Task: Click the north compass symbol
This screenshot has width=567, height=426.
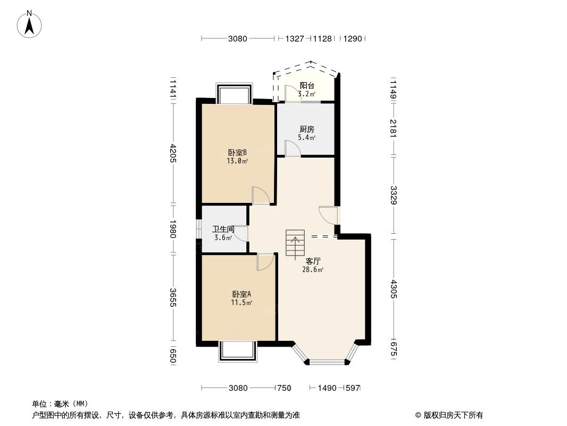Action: (30, 23)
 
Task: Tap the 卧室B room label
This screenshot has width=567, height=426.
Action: (238, 151)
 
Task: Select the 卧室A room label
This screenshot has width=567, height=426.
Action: (241, 294)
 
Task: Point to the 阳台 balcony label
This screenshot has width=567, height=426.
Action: (306, 85)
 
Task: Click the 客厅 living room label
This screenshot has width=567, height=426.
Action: (313, 261)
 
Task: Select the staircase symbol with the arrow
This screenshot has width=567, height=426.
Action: (295, 244)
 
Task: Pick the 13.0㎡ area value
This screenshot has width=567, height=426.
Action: (238, 160)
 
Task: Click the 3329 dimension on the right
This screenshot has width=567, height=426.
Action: (393, 194)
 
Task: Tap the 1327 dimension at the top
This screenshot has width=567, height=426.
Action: (295, 38)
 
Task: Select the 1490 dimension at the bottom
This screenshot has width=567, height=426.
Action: (327, 388)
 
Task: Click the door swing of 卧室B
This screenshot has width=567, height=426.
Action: (261, 195)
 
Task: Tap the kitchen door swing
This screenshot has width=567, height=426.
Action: (293, 148)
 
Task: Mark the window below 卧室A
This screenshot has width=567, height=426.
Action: (237, 351)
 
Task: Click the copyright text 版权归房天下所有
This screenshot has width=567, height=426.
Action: (452, 415)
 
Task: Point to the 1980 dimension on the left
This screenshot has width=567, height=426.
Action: (173, 229)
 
